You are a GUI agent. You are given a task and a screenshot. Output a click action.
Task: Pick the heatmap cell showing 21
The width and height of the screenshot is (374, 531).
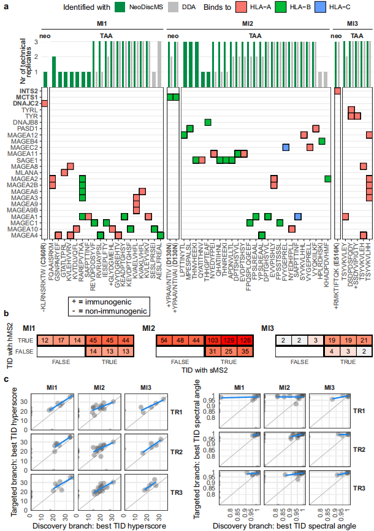(x=363, y=340)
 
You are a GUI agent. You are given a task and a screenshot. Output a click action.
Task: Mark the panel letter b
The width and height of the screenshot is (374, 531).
(x=6, y=314)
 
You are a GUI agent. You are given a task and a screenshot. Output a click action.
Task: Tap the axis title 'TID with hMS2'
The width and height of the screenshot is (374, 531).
(x=7, y=345)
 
